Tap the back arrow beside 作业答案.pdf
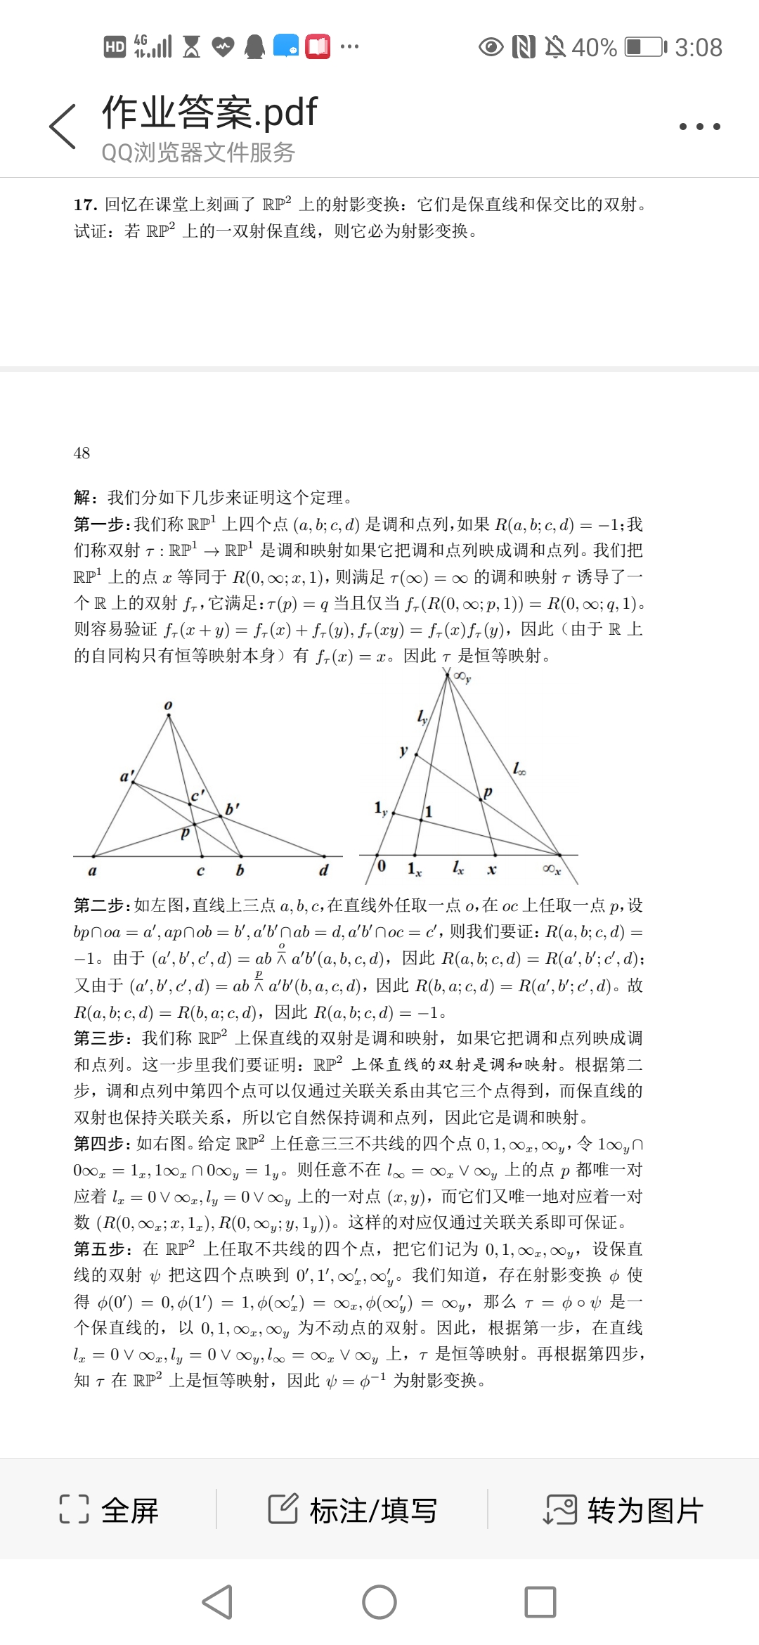tap(63, 127)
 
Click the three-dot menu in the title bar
tap(699, 127)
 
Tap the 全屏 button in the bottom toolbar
tap(110, 1509)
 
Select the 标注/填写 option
tap(353, 1509)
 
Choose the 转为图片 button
tap(624, 1509)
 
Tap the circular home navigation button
tap(379, 1602)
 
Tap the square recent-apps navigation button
tap(540, 1602)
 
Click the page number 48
tap(82, 453)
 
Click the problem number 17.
tap(84, 205)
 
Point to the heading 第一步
tap(101, 524)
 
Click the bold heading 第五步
tap(101, 1249)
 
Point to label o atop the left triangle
tap(168, 705)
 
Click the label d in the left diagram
tap(324, 870)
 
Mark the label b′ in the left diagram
tap(232, 808)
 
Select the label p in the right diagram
tap(488, 792)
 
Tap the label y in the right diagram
tap(403, 750)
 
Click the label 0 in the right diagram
tap(382, 865)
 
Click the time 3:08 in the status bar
tap(699, 47)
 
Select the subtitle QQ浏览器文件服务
tap(198, 152)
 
